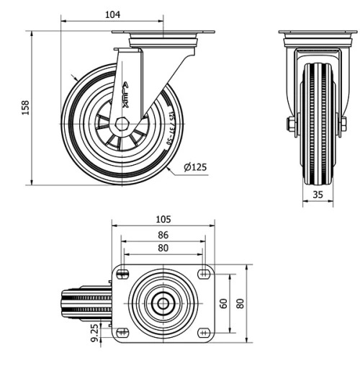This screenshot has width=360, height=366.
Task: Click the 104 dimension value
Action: [x=112, y=14]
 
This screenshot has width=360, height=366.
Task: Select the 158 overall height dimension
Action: [x=26, y=107]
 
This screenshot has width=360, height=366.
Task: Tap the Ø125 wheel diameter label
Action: [x=195, y=167]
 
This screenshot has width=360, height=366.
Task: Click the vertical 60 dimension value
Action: [x=224, y=303]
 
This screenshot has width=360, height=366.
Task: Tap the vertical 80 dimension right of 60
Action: [x=240, y=303]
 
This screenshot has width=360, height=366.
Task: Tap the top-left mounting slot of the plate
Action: [x=122, y=273]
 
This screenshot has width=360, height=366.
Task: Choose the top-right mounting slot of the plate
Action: [x=204, y=273]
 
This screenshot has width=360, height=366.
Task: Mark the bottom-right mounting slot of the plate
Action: [x=204, y=334]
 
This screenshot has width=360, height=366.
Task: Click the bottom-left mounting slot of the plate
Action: [x=122, y=334]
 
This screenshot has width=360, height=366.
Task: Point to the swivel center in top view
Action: [x=163, y=303]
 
